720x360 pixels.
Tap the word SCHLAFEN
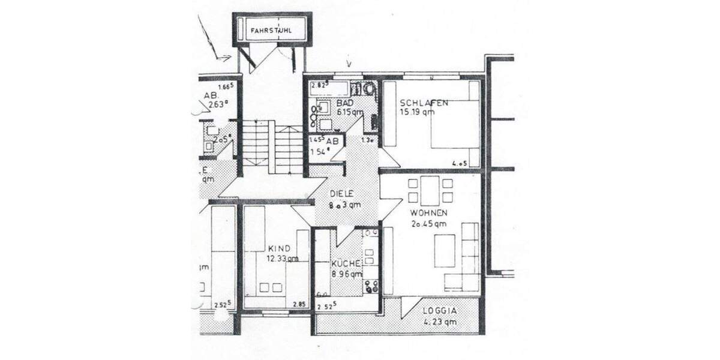pos(424,103)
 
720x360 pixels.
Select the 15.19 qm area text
pos(418,112)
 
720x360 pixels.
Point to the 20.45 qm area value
pos(428,224)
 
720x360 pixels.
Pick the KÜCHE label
pos(346,264)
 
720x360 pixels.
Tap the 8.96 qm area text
pos(347,274)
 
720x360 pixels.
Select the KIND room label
pos(280,248)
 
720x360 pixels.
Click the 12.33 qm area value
pos(283,259)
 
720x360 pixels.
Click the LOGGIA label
pos(440,311)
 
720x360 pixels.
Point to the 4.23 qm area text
pos(440,322)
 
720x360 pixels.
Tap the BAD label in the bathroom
pos(345,103)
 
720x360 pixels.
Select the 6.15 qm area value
pos(349,112)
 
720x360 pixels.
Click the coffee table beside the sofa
pos(444,251)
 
